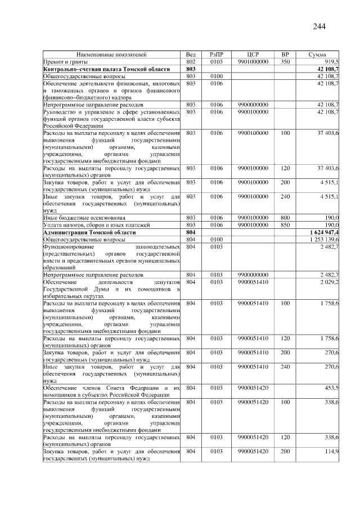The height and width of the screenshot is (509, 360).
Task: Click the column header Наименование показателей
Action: [111, 55]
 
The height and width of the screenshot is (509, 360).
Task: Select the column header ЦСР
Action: [253, 55]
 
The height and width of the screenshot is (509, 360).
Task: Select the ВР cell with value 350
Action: [285, 61]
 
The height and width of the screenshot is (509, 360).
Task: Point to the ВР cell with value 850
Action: [285, 224]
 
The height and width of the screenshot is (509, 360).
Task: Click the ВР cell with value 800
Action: [285, 217]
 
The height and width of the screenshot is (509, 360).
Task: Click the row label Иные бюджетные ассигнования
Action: [81, 217]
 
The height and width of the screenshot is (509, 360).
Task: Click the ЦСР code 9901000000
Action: [253, 61]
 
